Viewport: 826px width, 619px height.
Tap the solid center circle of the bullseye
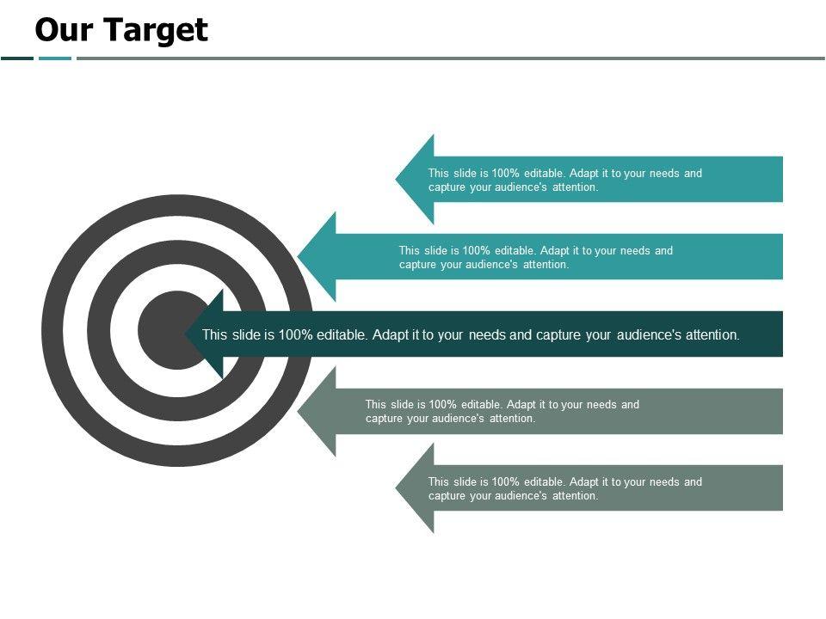[168, 330]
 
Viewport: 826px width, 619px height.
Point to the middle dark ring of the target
[99, 330]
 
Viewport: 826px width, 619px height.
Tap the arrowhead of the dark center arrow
[206, 334]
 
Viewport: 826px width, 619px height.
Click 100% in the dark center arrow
[295, 334]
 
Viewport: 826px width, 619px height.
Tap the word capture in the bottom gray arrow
[447, 496]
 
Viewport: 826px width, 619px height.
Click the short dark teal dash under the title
[17, 58]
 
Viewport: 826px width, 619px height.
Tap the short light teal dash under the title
[55, 58]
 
